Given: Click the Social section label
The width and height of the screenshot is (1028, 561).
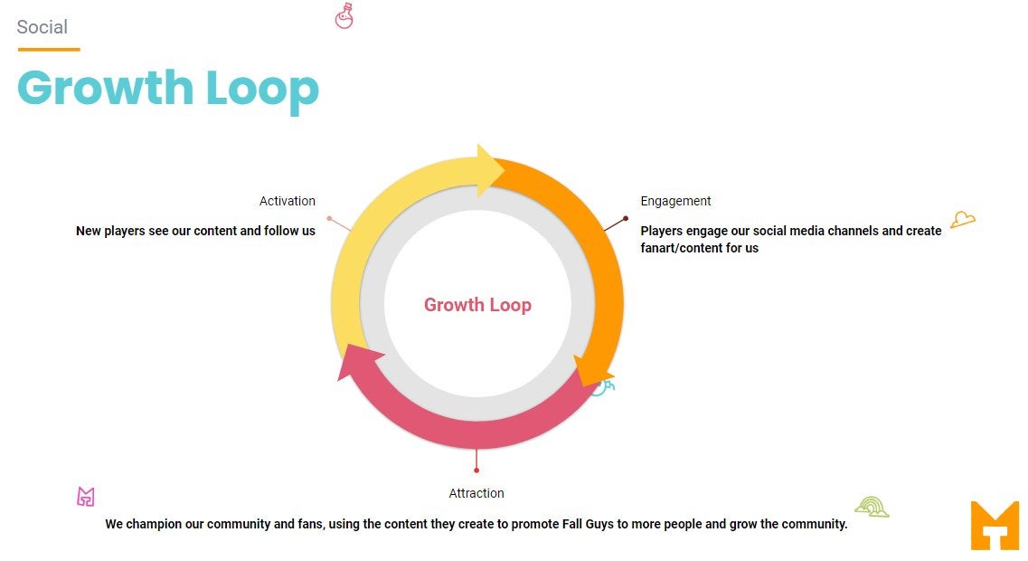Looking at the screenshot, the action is pyautogui.click(x=42, y=27).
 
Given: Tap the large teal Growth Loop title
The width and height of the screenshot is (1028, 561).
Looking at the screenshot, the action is pyautogui.click(x=168, y=90).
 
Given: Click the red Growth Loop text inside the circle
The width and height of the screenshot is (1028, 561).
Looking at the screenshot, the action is pyautogui.click(x=477, y=305).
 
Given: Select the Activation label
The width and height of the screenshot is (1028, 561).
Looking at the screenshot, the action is pyautogui.click(x=288, y=201).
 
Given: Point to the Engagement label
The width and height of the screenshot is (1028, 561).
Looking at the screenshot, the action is pyautogui.click(x=675, y=202).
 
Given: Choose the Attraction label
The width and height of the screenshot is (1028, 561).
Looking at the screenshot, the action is pyautogui.click(x=476, y=493).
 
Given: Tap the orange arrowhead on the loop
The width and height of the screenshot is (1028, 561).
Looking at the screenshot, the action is pyautogui.click(x=591, y=370).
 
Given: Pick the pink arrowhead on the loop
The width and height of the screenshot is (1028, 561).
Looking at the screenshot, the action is pyautogui.click(x=358, y=362).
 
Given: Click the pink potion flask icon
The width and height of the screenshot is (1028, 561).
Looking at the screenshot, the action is pyautogui.click(x=344, y=15).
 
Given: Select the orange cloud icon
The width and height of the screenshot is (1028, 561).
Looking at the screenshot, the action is pyautogui.click(x=962, y=219).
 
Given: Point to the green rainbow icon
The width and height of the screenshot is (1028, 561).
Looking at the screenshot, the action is pyautogui.click(x=872, y=507).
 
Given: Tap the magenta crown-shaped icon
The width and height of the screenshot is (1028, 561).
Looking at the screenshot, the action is pyautogui.click(x=86, y=497).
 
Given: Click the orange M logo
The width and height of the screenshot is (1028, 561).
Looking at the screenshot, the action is pyautogui.click(x=995, y=525).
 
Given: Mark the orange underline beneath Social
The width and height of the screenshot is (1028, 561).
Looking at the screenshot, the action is pyautogui.click(x=49, y=49).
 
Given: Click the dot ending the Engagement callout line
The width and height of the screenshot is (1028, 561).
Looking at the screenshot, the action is pyautogui.click(x=626, y=218).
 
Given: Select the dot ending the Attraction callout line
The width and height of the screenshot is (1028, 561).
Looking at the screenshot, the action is pyautogui.click(x=476, y=471).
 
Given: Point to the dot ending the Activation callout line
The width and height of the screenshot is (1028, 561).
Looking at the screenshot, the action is pyautogui.click(x=329, y=218).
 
